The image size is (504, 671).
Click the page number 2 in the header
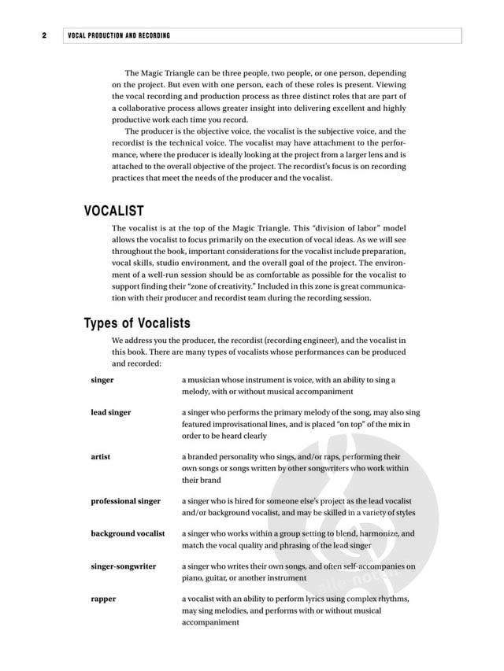(45, 35)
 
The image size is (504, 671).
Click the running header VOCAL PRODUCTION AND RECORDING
(119, 35)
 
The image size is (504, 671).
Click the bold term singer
(102, 380)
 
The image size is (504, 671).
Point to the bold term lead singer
(110, 412)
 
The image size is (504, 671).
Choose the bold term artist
(101, 456)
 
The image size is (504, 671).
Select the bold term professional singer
(125, 501)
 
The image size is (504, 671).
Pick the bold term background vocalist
(128, 533)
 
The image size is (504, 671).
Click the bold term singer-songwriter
(123, 566)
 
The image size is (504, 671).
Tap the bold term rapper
(103, 599)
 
